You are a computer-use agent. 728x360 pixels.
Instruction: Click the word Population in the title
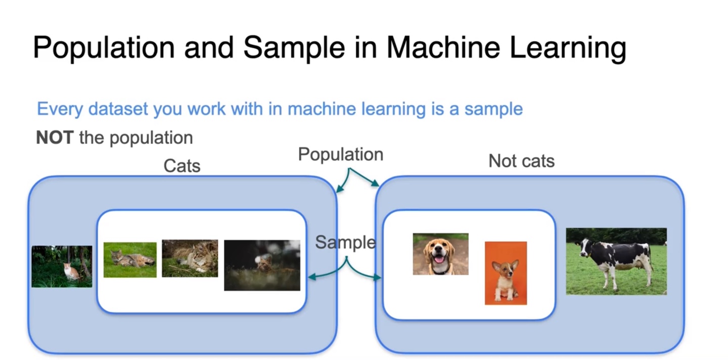103,47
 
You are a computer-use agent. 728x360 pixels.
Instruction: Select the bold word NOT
55,138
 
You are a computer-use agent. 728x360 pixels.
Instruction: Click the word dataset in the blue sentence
118,109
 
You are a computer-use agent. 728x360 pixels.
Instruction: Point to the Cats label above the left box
182,165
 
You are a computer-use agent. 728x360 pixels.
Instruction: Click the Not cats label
521,161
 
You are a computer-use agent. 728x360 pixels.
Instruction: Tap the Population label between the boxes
340,154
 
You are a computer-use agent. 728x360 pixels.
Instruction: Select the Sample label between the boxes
345,242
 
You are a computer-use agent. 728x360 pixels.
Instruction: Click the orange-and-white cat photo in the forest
62,266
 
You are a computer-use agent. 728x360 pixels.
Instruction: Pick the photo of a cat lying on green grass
130,259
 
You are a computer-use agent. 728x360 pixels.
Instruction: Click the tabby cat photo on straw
190,258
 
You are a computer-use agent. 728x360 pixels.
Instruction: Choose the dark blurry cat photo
262,265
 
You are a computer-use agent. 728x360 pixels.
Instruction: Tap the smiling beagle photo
440,254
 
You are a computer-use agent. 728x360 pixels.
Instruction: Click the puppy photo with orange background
506,273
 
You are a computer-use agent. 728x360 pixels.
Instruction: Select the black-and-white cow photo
616,261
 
